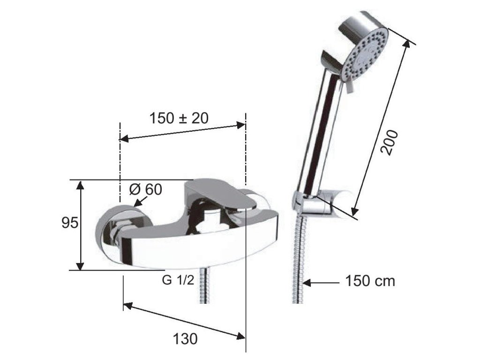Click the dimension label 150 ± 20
(179, 118)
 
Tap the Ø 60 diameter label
(145, 189)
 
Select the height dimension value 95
(70, 223)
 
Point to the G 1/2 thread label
(178, 280)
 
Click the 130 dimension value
(185, 339)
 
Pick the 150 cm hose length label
(370, 281)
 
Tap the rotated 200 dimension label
(390, 142)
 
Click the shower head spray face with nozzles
(365, 55)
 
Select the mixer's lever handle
(220, 193)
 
